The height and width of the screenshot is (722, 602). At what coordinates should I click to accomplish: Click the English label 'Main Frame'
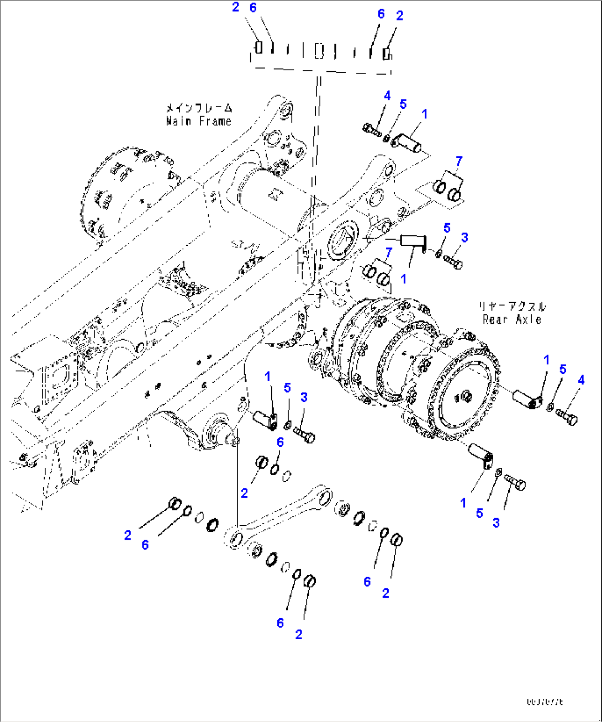pyautogui.click(x=198, y=121)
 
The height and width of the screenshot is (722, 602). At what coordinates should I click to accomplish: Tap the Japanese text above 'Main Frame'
pyautogui.click(x=199, y=108)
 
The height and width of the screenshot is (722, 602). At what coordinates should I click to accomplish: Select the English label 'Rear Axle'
pyautogui.click(x=511, y=319)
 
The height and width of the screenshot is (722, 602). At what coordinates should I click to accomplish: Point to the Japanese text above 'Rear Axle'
pyautogui.click(x=511, y=306)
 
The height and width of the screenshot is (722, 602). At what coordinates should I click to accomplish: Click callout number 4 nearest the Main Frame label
pyautogui.click(x=387, y=96)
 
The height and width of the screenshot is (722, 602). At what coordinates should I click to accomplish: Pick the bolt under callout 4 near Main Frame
pyautogui.click(x=372, y=130)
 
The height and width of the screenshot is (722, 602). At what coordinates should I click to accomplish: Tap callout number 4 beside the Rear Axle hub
pyautogui.click(x=580, y=380)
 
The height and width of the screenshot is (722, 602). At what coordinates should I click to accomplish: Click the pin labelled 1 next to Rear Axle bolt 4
pyautogui.click(x=529, y=399)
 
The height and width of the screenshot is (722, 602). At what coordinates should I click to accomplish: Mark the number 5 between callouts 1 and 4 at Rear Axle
pyautogui.click(x=563, y=370)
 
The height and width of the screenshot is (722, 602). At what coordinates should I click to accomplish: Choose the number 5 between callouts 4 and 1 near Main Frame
pyautogui.click(x=403, y=104)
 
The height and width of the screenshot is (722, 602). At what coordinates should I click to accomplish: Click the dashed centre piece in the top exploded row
pyautogui.click(x=319, y=52)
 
